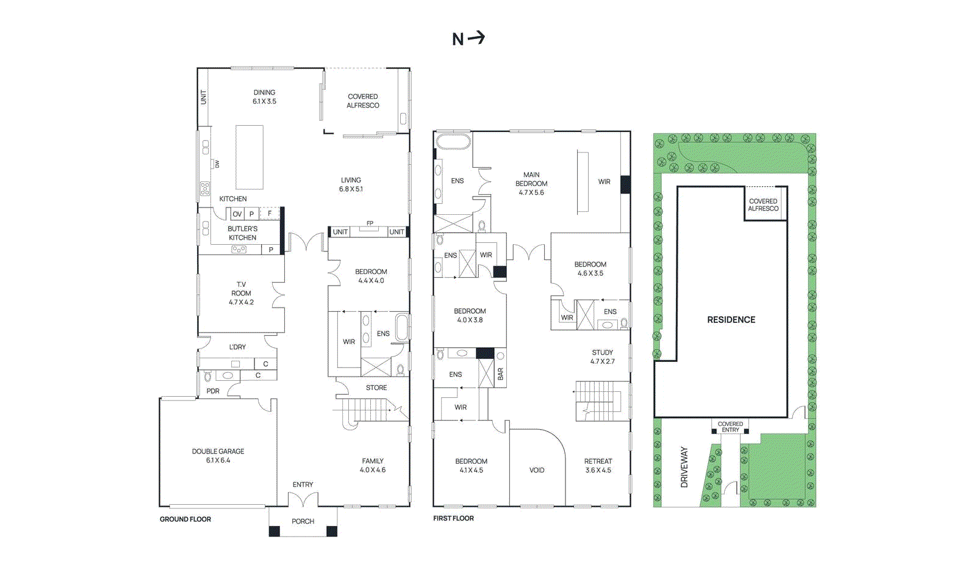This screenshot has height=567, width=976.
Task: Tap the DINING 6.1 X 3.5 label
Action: (264, 97)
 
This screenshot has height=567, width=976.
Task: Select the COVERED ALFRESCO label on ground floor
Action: (362, 101)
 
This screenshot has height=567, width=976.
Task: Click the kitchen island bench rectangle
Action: (249, 157)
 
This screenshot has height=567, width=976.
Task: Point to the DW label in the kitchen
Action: (217, 164)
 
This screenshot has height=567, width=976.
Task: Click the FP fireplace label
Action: (370, 223)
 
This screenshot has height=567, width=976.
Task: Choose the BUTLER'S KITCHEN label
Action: (242, 233)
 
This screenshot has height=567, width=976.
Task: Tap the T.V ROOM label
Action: (241, 293)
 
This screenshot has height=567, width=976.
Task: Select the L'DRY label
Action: (237, 347)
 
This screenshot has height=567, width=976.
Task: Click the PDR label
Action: (212, 391)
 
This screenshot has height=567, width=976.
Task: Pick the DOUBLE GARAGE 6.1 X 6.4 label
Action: (218, 456)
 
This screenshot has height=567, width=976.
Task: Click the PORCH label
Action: (303, 521)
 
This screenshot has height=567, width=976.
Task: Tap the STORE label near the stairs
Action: (376, 388)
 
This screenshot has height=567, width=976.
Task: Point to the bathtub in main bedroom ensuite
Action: (453, 142)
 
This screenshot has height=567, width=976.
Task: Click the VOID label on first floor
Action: (537, 470)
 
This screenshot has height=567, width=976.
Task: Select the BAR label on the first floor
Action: (500, 374)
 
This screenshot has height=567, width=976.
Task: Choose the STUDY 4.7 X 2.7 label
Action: (602, 357)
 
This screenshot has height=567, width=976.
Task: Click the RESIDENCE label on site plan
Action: (731, 320)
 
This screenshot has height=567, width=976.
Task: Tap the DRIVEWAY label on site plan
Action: (684, 467)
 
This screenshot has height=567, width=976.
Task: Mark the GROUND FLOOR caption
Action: (185, 519)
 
